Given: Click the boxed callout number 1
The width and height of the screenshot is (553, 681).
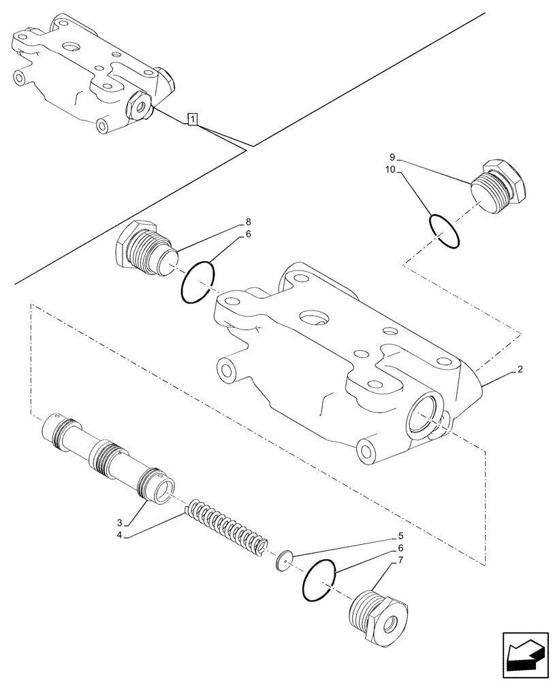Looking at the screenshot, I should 193,121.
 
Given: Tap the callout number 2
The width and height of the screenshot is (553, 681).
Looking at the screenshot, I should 520,370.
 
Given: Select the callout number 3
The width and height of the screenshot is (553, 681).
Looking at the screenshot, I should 119,522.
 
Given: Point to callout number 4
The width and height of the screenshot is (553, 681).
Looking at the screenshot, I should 119,535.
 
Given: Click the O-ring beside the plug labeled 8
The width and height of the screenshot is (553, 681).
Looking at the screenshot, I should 198,283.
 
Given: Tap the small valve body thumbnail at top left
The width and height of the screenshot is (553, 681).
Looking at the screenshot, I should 92,72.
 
